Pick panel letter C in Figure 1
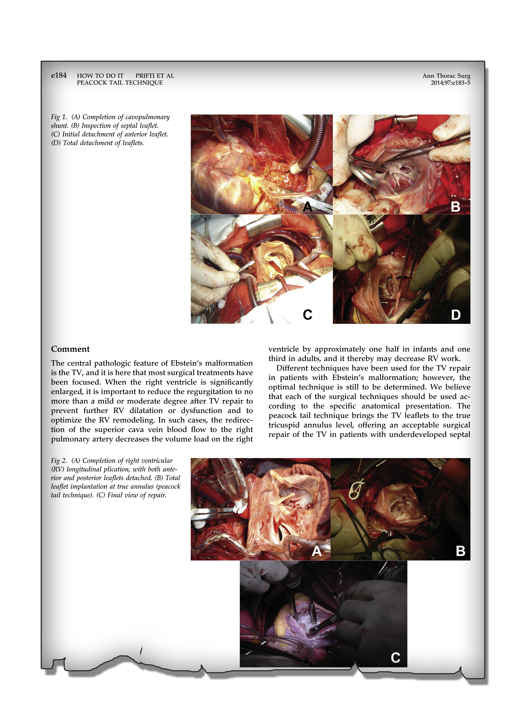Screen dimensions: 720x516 coord(307,315)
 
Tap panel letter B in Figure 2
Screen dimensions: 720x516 coord(460,551)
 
